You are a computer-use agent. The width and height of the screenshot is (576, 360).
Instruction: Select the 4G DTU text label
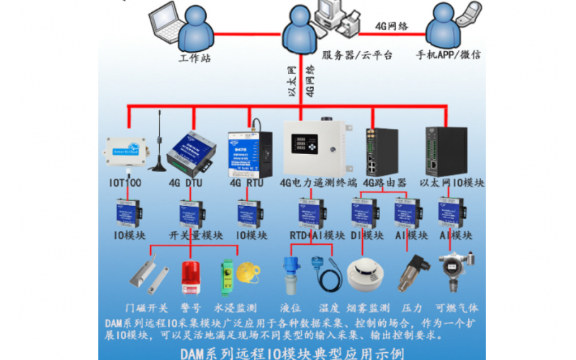(183, 184)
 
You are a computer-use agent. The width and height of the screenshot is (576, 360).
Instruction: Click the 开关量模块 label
(190, 235)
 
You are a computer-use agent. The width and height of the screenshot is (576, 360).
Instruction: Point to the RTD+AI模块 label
(315, 235)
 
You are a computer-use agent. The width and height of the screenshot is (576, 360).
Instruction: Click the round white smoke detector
(362, 274)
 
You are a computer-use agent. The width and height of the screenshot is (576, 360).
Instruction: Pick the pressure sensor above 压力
(414, 271)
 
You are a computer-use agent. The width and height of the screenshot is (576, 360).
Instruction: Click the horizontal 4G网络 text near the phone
(392, 26)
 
